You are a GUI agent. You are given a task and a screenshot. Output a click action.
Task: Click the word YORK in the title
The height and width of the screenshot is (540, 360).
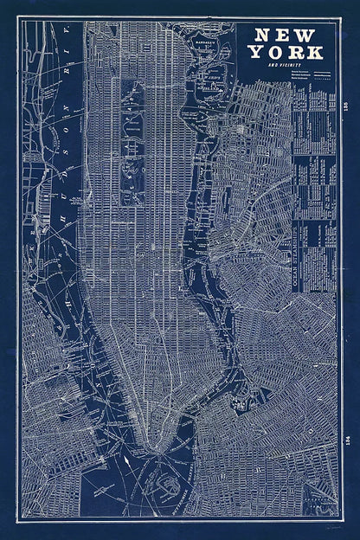tap(284, 52)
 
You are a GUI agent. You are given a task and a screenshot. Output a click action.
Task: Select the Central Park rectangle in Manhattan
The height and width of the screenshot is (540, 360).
tap(133, 143)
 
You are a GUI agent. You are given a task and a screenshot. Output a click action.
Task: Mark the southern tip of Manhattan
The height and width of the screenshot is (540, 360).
tap(149, 447)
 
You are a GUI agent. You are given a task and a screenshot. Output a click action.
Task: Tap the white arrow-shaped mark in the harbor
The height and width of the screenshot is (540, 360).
tap(126, 467)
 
